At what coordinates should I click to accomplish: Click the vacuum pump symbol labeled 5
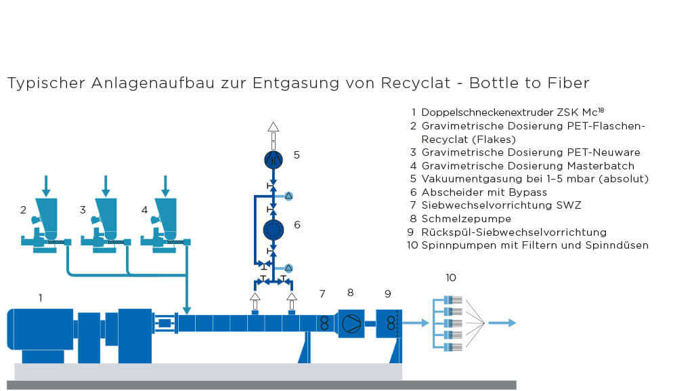point(273,159)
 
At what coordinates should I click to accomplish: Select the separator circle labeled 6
point(273,230)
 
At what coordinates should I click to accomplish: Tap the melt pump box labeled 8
point(351,323)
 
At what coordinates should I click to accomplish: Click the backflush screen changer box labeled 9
point(389,323)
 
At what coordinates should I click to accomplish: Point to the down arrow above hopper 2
point(46,185)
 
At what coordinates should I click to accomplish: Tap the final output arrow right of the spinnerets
point(502,323)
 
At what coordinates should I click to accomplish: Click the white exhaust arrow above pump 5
point(273,127)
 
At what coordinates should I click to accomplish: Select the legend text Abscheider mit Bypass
point(482,192)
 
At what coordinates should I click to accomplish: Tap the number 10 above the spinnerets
point(451,277)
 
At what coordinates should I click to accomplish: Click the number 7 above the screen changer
point(322,293)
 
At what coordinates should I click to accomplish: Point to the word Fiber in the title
point(569,83)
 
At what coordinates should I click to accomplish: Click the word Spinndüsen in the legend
point(617,245)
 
